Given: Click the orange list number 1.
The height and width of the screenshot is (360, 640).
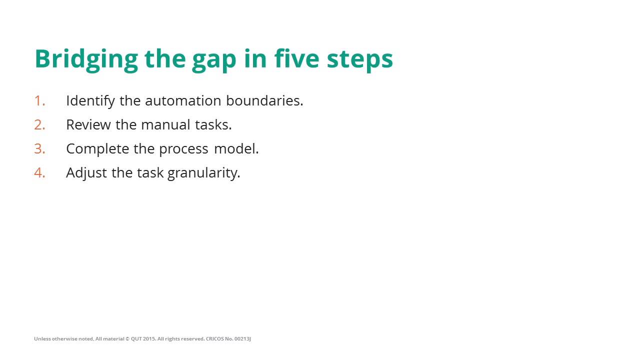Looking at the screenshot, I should click(39, 100).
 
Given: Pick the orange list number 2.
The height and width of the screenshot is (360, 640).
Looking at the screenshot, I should click(39, 124).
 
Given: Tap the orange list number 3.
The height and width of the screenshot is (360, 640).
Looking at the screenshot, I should click(39, 148).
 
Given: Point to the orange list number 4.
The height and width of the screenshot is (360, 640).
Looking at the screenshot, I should click(39, 172).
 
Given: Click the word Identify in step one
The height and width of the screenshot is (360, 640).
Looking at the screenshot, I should click(90, 101).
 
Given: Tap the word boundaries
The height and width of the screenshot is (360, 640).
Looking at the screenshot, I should click(264, 100).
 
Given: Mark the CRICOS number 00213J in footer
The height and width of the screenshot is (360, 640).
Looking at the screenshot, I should click(242, 339).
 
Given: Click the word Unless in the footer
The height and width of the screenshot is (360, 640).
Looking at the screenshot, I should click(42, 339).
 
